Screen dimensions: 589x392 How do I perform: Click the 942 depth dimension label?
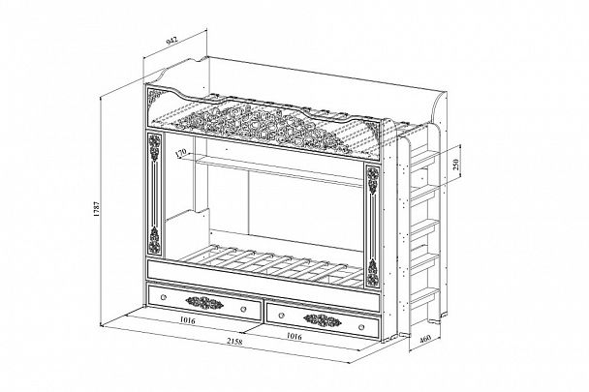171,41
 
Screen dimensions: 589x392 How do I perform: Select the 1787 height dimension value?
96,210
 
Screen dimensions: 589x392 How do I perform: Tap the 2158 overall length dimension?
234,342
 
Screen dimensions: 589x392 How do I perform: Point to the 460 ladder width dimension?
425,338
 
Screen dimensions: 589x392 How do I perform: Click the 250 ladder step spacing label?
456,165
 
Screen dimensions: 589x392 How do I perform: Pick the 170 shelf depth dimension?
181,153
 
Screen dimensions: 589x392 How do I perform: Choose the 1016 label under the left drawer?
187,320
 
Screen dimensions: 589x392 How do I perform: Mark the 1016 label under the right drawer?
294,336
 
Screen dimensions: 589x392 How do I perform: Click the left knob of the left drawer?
163,297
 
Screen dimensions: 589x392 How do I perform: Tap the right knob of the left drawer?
243,309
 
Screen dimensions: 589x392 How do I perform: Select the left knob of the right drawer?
281,315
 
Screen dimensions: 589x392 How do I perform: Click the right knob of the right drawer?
361,327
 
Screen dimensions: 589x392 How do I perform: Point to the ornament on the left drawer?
204,302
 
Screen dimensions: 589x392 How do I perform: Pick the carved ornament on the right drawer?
323,320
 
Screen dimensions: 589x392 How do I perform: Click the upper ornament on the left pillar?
154,147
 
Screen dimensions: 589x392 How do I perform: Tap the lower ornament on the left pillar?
154,239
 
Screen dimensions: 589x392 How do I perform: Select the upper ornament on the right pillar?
373,181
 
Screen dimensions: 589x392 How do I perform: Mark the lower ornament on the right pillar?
373,273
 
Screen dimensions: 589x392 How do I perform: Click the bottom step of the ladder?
423,295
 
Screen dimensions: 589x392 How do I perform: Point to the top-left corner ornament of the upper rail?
155,96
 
